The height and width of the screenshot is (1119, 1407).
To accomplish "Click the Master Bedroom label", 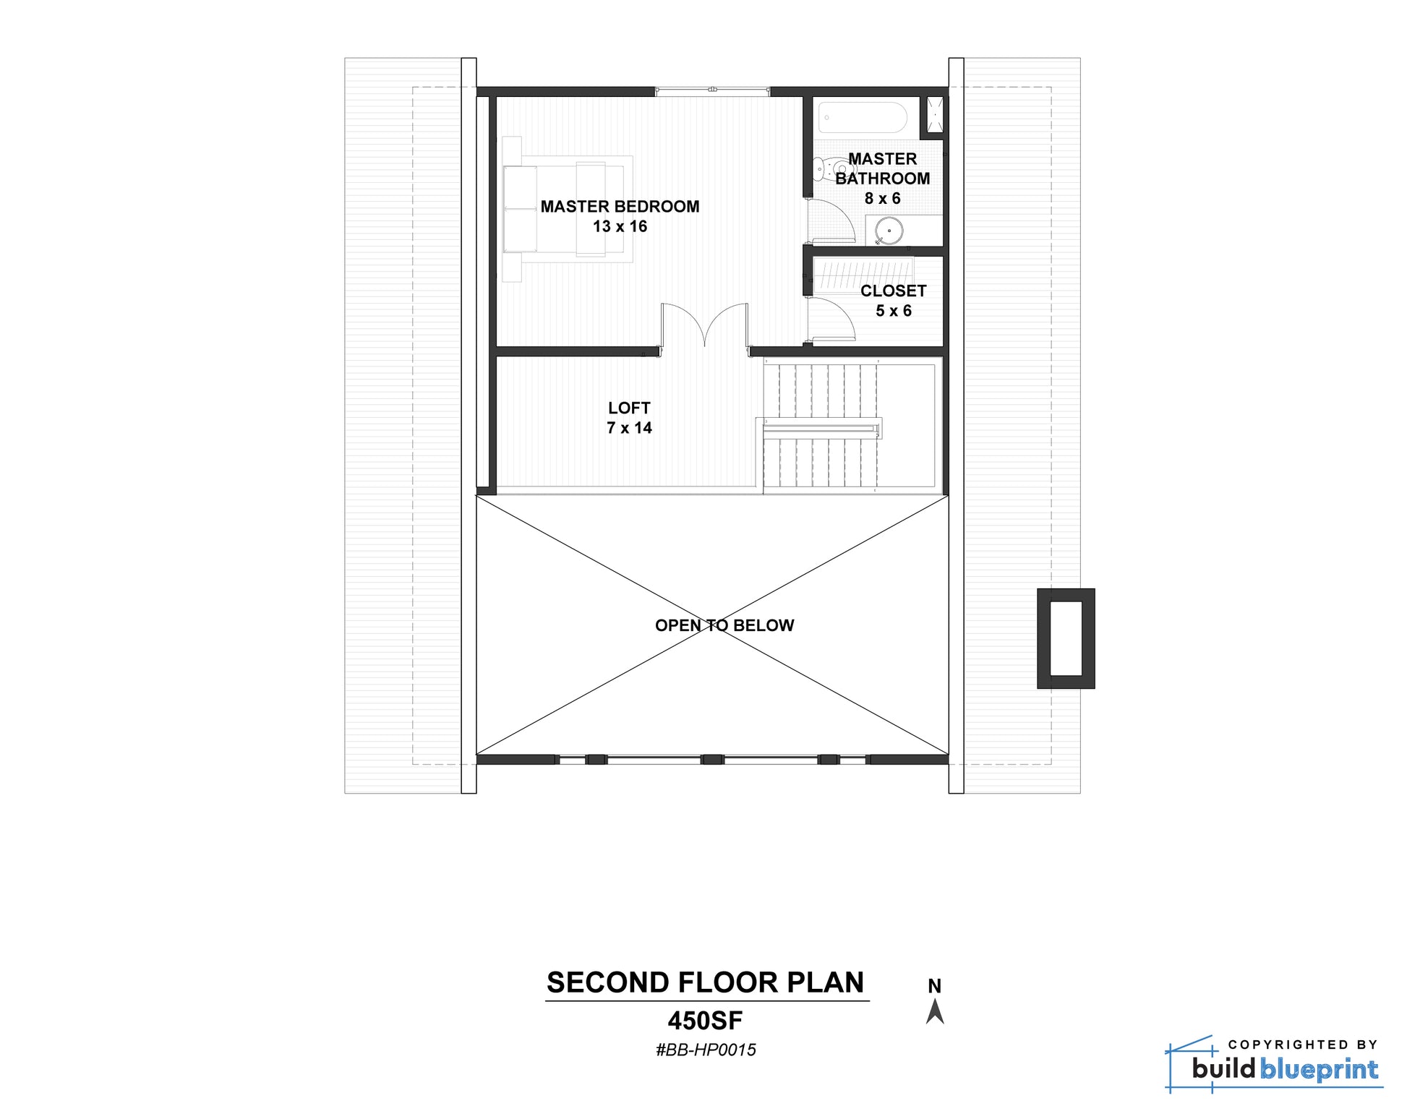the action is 620,207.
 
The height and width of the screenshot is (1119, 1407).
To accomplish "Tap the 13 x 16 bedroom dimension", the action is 620,226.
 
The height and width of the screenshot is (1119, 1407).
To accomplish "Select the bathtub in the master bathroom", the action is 862,118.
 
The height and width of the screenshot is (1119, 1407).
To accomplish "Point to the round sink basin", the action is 888,232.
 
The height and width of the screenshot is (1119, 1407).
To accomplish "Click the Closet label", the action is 893,291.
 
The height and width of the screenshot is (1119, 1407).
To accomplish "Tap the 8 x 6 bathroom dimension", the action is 882,198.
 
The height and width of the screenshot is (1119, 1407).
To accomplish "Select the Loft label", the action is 629,408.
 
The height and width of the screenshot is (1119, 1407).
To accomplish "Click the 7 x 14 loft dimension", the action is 629,428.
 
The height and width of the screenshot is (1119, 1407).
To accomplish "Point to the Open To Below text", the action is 724,625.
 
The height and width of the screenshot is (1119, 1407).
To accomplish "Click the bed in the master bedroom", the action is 568,209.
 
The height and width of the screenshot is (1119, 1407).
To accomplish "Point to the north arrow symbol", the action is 935,1011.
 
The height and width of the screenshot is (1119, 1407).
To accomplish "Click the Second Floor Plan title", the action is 705,982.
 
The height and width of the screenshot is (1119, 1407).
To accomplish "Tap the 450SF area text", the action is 705,1021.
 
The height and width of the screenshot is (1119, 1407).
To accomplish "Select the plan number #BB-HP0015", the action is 706,1050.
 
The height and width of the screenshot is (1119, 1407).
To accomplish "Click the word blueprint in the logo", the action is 1320,1070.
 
